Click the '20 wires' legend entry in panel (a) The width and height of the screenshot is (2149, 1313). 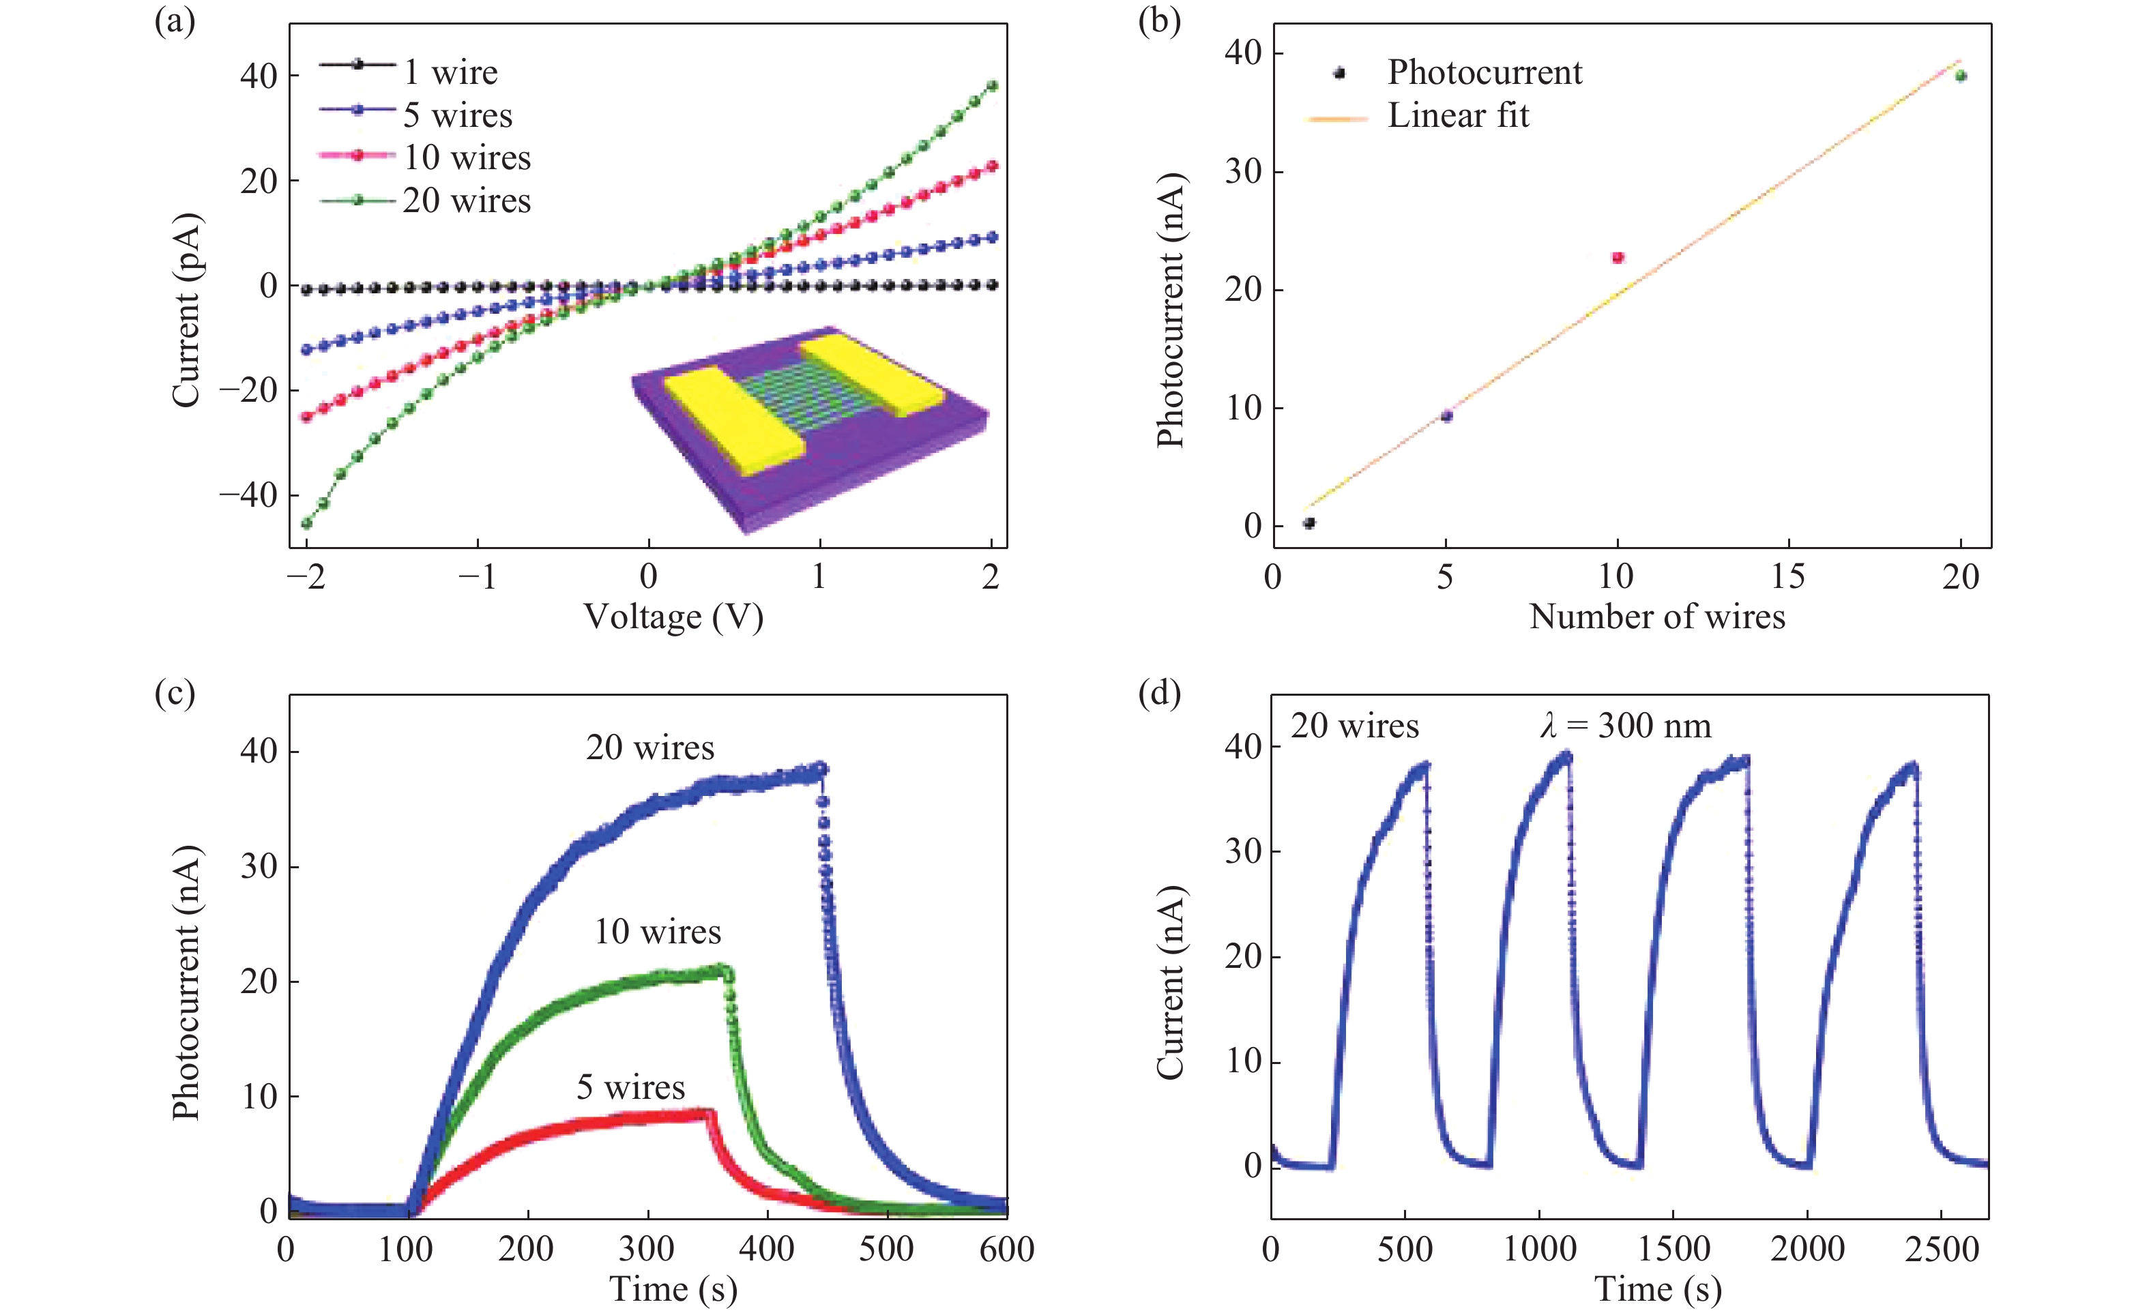[x=466, y=201]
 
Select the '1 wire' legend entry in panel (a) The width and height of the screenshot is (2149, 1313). [x=450, y=72]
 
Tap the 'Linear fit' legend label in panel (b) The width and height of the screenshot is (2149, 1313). [x=1459, y=115]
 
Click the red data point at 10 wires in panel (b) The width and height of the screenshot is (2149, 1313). [x=1618, y=257]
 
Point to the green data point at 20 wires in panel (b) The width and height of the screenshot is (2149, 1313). [x=1961, y=76]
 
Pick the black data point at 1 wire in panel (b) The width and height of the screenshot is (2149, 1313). [x=1309, y=523]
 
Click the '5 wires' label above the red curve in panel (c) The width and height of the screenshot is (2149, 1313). [x=630, y=1087]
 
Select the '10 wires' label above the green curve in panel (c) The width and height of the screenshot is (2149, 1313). [x=658, y=932]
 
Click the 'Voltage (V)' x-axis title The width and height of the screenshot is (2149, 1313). [x=673, y=617]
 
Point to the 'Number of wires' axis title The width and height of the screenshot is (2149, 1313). [x=1657, y=617]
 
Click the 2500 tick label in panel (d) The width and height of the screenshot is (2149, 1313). [x=1942, y=1250]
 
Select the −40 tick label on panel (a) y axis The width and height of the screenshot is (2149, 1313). [x=248, y=495]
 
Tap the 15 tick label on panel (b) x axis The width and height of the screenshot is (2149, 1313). [x=1788, y=576]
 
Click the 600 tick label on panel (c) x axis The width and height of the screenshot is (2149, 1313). [x=1006, y=1250]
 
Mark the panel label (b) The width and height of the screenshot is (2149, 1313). [x=1159, y=19]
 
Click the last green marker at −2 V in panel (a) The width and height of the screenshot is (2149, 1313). [x=306, y=524]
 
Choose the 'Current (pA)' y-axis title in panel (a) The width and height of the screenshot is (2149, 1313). [x=186, y=310]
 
